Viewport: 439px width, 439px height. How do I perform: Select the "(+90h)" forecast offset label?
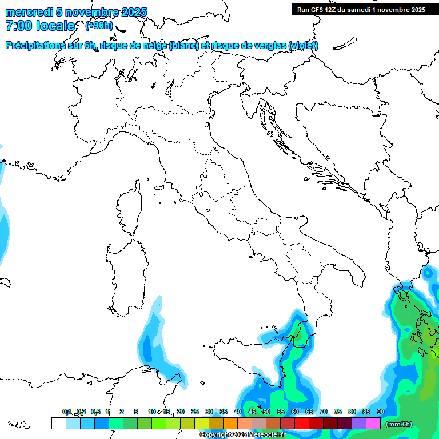pyautogui.click(x=99, y=26)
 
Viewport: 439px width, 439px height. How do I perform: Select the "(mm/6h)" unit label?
pyautogui.click(x=398, y=424)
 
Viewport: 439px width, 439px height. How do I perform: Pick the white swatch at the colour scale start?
pyautogui.click(x=58, y=424)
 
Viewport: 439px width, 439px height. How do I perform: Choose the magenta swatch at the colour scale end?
pyautogui.click(x=373, y=424)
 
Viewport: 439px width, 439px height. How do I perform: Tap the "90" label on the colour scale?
pyautogui.click(x=380, y=412)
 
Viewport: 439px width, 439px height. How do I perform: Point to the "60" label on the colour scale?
pyautogui.click(x=294, y=412)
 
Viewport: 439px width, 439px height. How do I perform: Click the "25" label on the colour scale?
pyautogui.click(x=194, y=412)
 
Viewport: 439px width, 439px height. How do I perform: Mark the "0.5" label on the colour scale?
pyautogui.click(x=95, y=412)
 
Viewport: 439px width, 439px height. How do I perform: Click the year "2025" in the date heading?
pyautogui.click(x=130, y=12)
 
